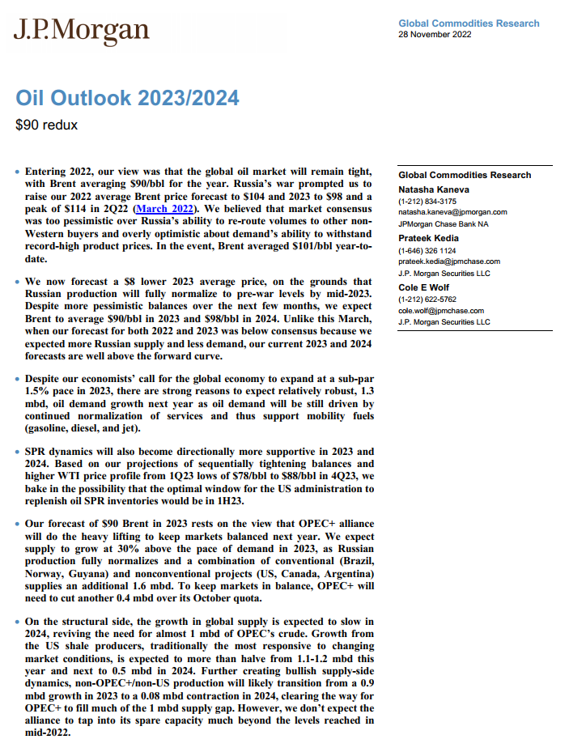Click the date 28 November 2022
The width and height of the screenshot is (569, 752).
coord(435,35)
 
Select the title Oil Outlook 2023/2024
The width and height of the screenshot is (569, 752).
coord(127,99)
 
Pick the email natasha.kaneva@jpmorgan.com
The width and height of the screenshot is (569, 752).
coord(452,212)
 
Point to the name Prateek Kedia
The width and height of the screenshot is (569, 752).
coord(428,238)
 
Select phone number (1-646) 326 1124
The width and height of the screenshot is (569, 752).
coord(427,251)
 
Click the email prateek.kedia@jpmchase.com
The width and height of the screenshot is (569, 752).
coord(449,261)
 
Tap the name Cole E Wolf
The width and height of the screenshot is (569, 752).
coord(424,287)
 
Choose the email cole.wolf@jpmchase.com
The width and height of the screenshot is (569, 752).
coord(441,311)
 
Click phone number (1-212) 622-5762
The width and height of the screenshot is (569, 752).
coord(427,300)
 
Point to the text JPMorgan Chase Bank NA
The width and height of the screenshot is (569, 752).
coord(444,223)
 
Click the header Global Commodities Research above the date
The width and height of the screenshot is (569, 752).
coord(469,23)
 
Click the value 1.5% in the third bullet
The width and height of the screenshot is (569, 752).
coord(41,391)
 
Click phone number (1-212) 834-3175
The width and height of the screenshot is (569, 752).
coord(427,201)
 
